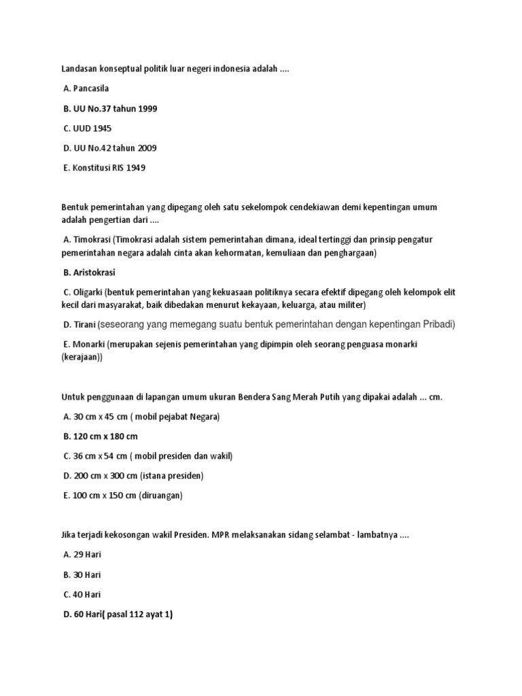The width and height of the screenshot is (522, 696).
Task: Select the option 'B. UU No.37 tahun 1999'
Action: pyautogui.click(x=109, y=109)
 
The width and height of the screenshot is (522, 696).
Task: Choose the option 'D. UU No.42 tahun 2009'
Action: pyautogui.click(x=109, y=148)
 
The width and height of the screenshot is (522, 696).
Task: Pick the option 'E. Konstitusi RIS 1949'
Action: pyautogui.click(x=103, y=168)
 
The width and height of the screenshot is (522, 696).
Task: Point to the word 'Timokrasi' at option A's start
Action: pyautogui.click(x=92, y=240)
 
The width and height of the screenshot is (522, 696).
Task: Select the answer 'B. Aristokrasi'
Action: pyautogui.click(x=89, y=273)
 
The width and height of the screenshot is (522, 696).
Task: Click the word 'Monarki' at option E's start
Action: pyautogui.click(x=88, y=345)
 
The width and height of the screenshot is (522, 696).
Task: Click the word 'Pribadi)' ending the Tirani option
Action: pyautogui.click(x=438, y=324)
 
